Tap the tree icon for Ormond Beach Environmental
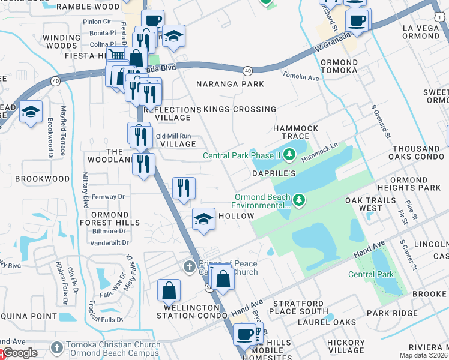click(x=299, y=200)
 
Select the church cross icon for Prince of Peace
click(x=189, y=266)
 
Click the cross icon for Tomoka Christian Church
click(x=56, y=347)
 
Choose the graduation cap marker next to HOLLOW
click(x=204, y=219)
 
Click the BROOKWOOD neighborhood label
click(x=43, y=179)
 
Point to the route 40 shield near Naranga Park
click(x=247, y=71)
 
